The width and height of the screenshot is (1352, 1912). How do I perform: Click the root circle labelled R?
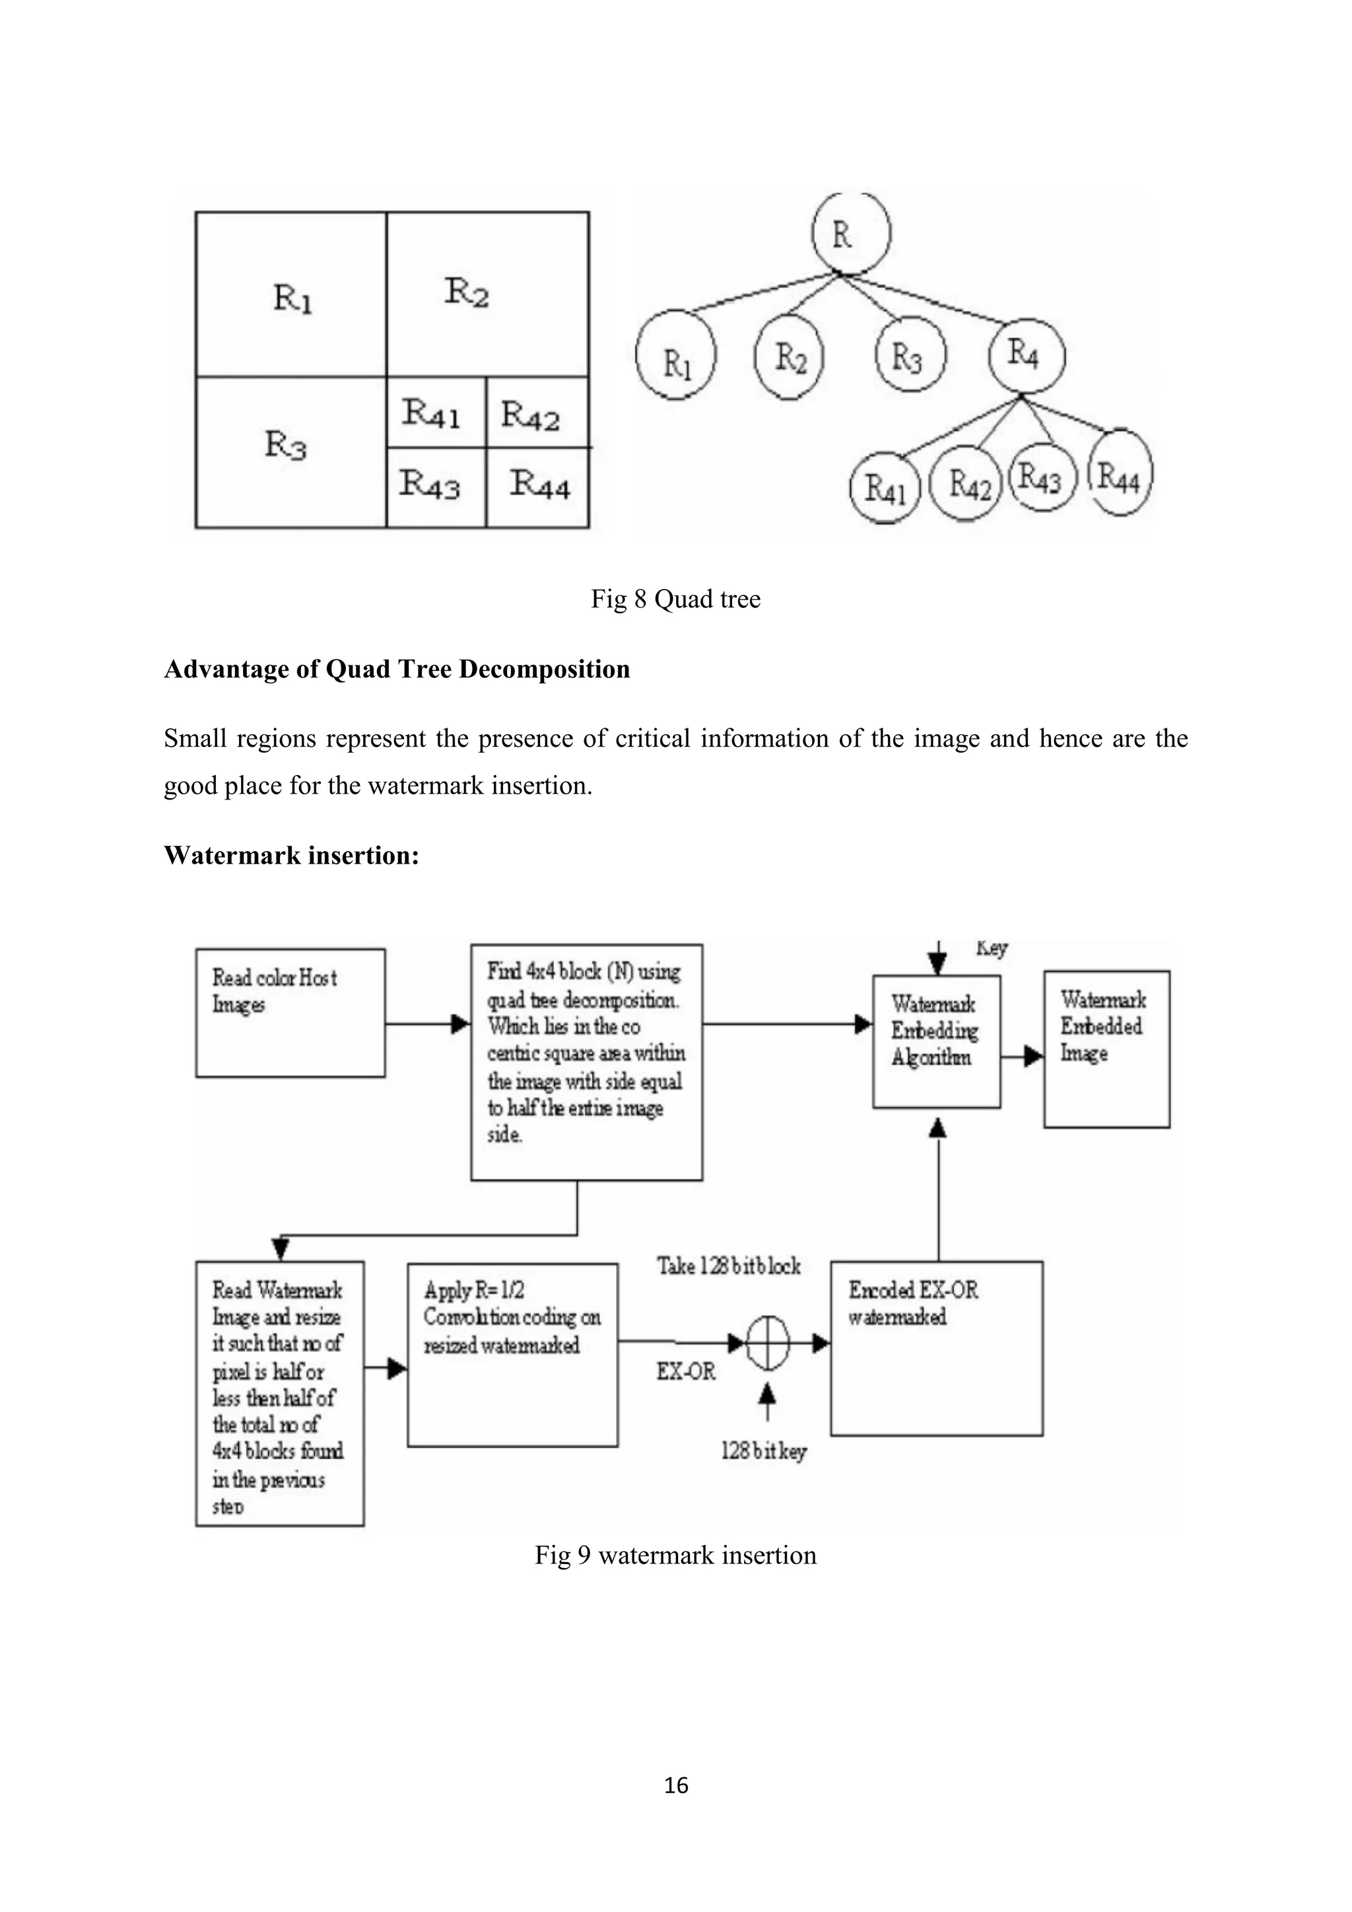pos(851,233)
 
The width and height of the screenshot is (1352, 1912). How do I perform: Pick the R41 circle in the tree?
pos(884,488)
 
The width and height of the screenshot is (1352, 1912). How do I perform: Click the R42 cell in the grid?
pos(536,413)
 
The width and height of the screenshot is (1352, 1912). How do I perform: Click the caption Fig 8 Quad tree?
pos(675,599)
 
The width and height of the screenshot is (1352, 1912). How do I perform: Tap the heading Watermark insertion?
pos(291,855)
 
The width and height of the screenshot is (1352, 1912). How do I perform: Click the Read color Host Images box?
pos(290,1013)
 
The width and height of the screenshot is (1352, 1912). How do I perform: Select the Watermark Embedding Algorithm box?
pos(935,1041)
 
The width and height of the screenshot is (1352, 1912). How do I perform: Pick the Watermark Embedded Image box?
pos(1106,1048)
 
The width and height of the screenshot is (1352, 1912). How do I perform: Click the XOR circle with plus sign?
pos(766,1342)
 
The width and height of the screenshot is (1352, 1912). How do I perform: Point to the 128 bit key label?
pos(763,1452)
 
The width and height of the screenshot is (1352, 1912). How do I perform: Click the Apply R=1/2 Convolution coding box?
pos(512,1355)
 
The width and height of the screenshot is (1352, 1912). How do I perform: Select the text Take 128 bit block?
pos(728,1266)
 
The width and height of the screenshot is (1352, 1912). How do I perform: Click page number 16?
pos(676,1785)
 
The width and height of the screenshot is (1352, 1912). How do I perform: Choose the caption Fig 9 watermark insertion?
pos(675,1555)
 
